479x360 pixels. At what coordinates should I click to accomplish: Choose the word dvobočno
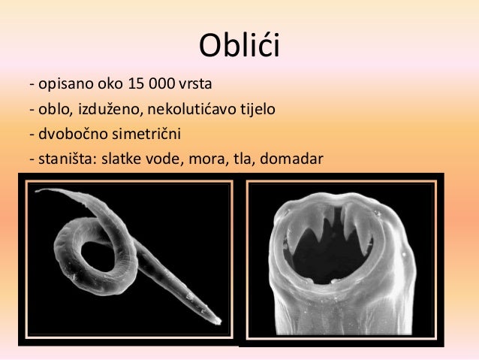pyautogui.click(x=70, y=135)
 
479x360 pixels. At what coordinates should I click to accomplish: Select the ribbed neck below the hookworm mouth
pyautogui.click(x=342, y=316)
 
